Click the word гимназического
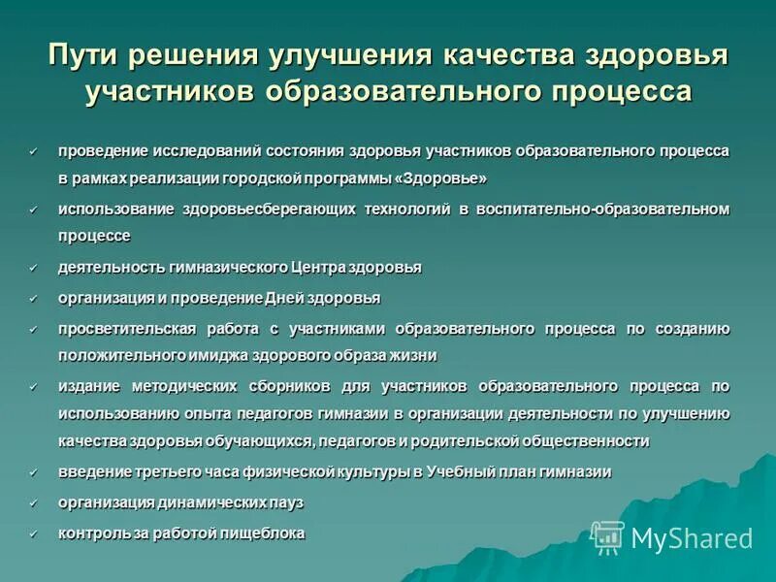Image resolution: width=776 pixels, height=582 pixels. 215,267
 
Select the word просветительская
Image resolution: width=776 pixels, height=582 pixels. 127,329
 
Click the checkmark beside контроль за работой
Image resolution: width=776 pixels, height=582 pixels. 33,533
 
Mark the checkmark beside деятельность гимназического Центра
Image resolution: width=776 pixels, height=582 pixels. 33,267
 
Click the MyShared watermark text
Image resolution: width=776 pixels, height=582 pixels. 692,537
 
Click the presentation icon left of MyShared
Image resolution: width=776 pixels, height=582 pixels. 608,536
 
